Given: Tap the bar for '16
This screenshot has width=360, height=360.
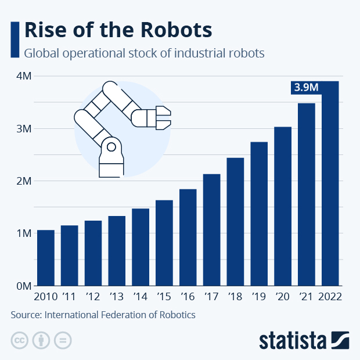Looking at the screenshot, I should (x=188, y=237).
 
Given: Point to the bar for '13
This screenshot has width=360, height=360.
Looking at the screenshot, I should (x=117, y=251).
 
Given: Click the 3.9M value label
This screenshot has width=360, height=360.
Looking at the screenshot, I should (x=305, y=88).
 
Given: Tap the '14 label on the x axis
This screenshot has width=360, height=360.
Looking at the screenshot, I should (x=141, y=297).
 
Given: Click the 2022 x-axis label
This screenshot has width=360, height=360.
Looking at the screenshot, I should (x=330, y=297).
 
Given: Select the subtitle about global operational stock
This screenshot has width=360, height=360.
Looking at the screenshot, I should (x=144, y=53).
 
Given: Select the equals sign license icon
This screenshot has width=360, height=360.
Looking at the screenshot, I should (x=63, y=340).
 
